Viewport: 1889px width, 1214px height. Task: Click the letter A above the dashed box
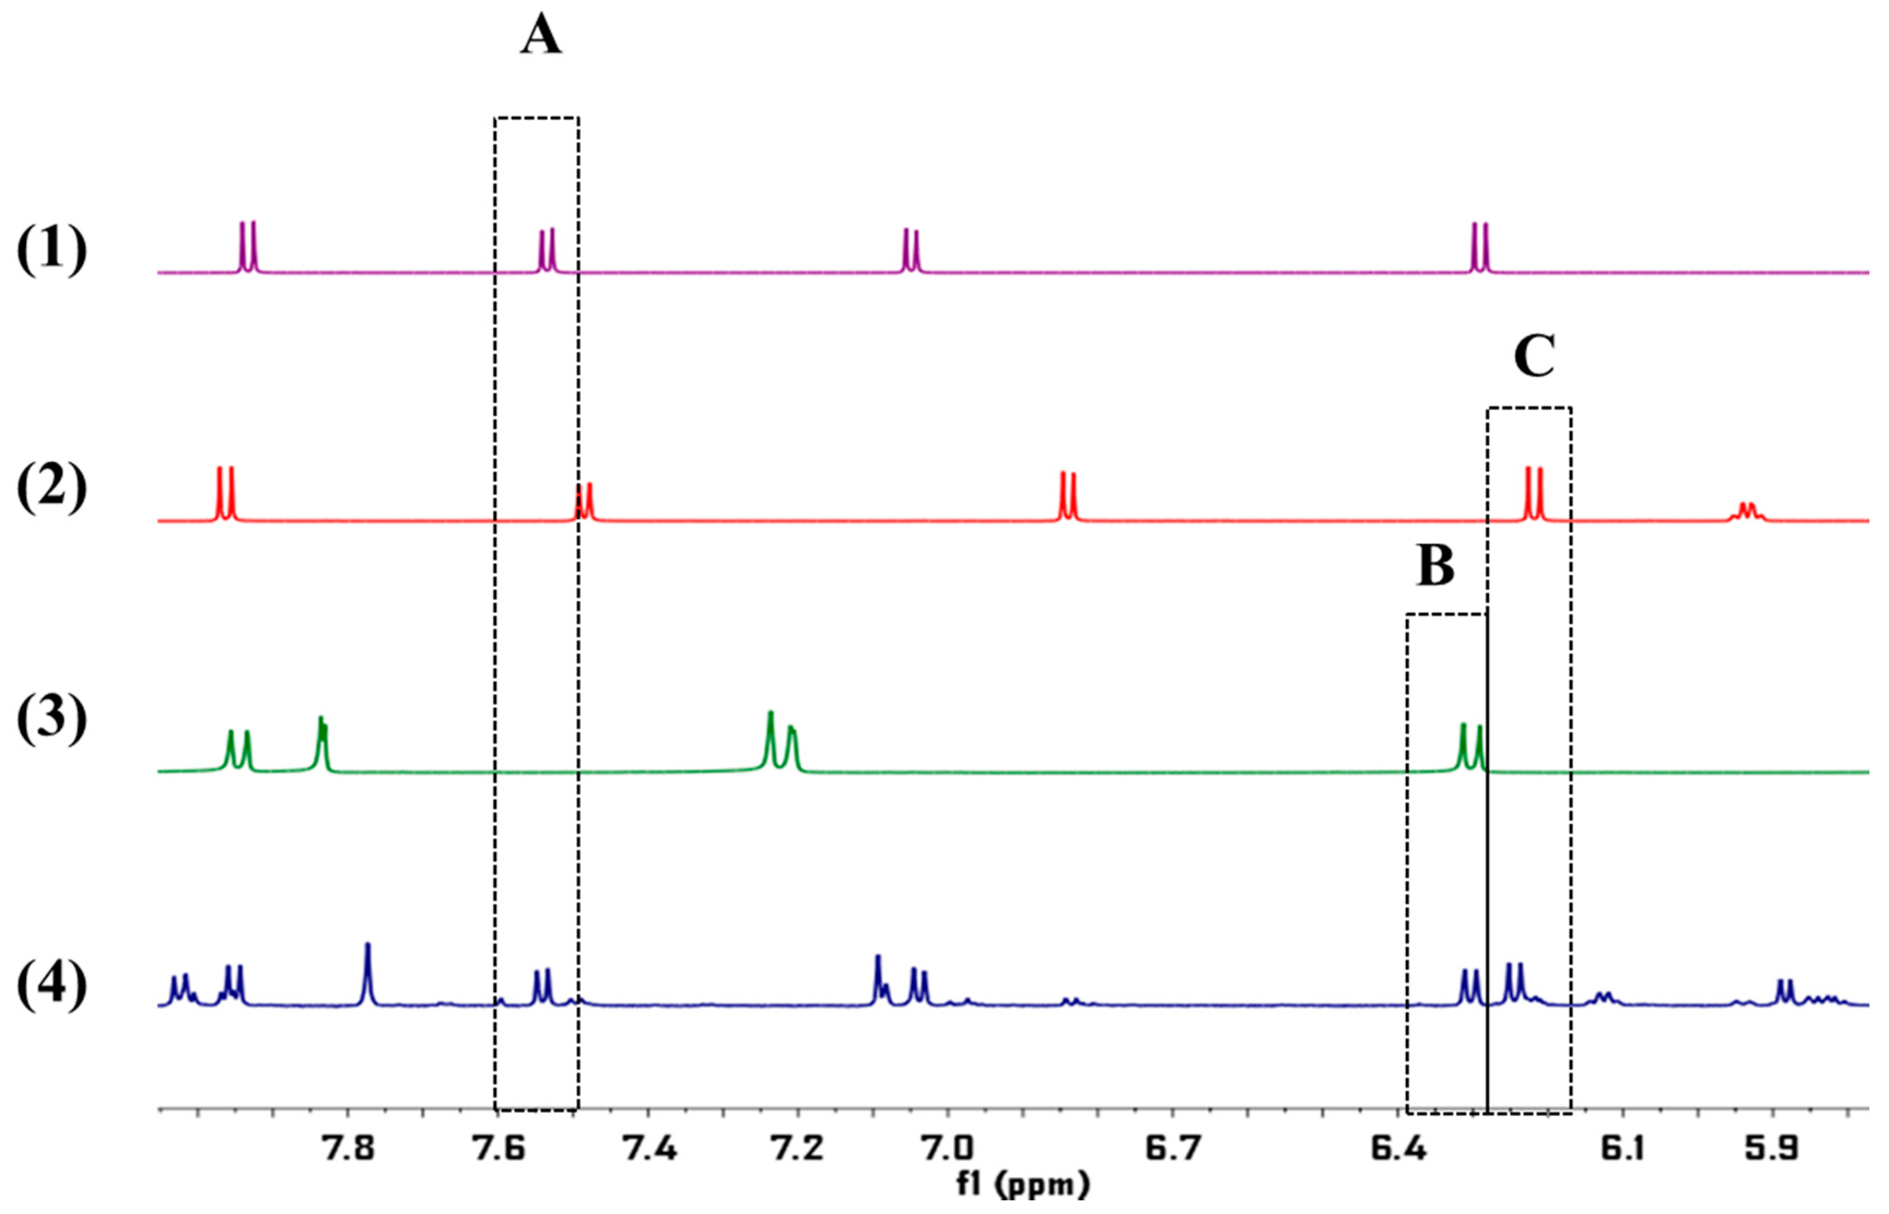(x=541, y=37)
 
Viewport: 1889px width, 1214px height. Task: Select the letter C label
(x=1534, y=357)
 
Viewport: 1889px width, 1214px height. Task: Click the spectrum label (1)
(x=52, y=251)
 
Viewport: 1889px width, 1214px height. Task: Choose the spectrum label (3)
(x=52, y=719)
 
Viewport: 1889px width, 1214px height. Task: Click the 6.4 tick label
(x=1399, y=1150)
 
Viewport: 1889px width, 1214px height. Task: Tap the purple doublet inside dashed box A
(x=547, y=251)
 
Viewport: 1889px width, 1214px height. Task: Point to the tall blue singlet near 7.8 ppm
(x=367, y=974)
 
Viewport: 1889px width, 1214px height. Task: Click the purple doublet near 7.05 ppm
(x=911, y=251)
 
